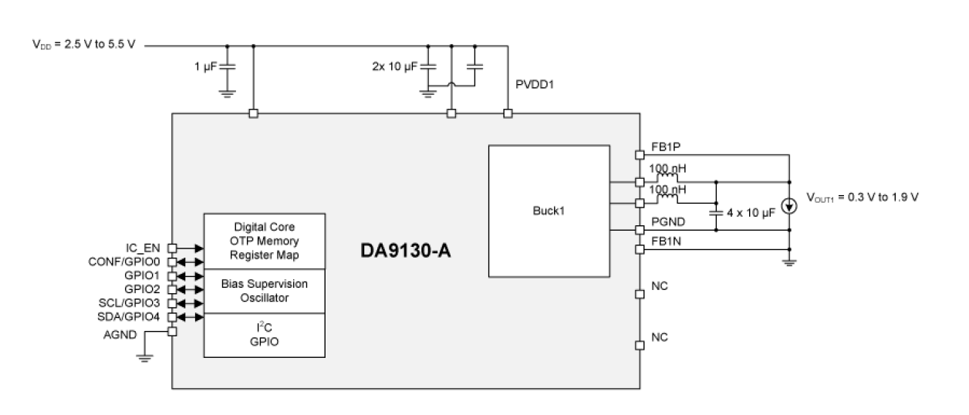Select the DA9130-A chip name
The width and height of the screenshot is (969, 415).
tap(407, 252)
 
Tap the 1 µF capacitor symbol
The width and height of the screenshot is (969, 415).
tap(226, 66)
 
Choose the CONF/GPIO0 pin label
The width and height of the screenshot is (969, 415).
tap(128, 261)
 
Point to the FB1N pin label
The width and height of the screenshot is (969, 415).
tap(664, 241)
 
